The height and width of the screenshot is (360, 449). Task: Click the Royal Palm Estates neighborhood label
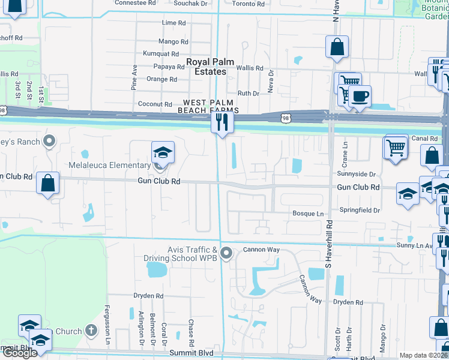pos(206,67)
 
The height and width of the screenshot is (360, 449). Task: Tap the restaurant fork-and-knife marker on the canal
pos(221,122)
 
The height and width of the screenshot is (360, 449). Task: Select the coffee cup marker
pos(360,96)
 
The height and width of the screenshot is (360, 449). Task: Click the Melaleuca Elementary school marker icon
pos(163,152)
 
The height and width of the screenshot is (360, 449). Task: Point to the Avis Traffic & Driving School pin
pos(226,253)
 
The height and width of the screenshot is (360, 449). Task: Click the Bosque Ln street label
pos(307,214)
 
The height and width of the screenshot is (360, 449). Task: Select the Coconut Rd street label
pos(155,104)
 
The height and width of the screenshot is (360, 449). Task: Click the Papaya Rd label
pos(168,67)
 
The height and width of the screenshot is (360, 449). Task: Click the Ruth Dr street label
pos(248,94)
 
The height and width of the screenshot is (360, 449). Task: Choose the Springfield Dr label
pos(360,211)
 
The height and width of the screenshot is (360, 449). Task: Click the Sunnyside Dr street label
pos(356,174)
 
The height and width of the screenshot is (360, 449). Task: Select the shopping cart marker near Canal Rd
pos(396,146)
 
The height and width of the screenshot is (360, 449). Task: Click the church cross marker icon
pos(91,329)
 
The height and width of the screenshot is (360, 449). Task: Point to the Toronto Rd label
pos(248,4)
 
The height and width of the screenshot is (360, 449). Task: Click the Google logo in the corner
pos(20,353)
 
